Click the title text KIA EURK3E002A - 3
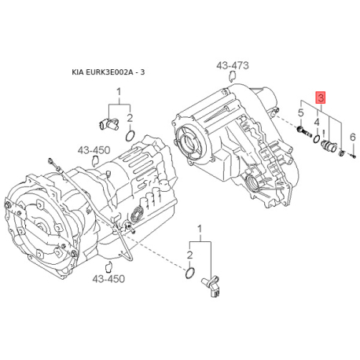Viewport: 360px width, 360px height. click(108, 72)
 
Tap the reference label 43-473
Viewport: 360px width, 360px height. click(233, 65)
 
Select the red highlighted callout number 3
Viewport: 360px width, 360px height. click(321, 98)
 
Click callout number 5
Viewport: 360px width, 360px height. click(301, 113)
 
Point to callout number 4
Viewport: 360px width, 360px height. click(317, 122)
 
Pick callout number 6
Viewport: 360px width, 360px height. click(353, 137)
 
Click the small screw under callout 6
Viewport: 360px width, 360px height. click(354, 156)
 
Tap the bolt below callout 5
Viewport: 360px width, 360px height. click(304, 131)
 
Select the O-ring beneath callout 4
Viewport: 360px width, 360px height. click(317, 139)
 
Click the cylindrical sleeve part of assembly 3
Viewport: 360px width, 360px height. click(330, 146)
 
